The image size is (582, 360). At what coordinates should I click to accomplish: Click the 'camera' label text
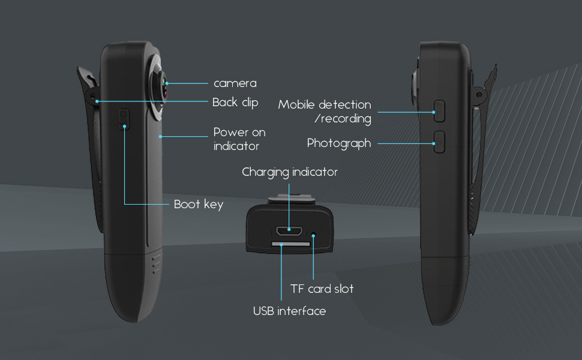235,83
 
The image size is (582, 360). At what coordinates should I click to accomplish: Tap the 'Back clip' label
235,103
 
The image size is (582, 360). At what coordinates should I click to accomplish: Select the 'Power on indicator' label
239,139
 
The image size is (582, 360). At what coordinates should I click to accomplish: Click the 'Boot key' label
199,204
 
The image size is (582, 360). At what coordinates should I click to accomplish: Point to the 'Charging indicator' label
290,172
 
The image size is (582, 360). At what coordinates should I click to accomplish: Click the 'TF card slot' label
322,289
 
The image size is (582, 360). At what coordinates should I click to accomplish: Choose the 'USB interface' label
290,311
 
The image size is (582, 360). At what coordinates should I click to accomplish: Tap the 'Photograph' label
339,143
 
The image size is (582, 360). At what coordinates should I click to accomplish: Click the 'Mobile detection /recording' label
325,112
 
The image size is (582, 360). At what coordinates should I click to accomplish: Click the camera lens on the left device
163,88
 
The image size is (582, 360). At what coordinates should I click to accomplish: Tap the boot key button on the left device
124,119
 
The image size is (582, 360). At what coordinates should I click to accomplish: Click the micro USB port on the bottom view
289,231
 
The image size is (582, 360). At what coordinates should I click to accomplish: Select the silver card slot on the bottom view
290,244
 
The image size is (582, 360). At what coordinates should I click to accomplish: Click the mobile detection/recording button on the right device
439,110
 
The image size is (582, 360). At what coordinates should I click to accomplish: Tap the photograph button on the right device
439,142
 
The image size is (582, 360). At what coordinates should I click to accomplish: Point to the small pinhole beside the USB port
313,235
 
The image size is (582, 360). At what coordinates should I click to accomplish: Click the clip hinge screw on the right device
479,95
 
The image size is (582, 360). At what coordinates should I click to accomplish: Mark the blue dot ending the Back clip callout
97,101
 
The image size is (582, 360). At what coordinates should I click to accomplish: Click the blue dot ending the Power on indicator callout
160,137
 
